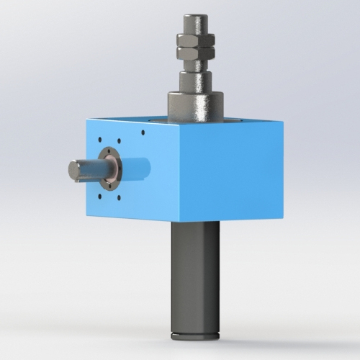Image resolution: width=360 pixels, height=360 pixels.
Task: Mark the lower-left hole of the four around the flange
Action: (99, 197)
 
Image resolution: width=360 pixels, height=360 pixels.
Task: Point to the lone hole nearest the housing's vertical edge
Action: (143, 132)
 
